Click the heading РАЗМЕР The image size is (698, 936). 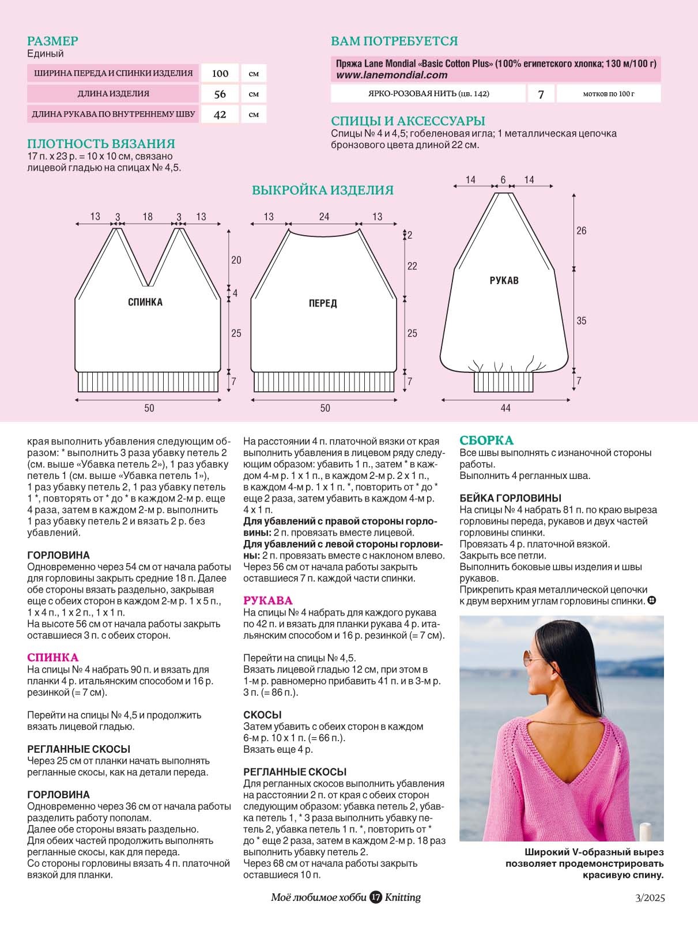(x=52, y=41)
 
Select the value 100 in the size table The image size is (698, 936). (x=220, y=73)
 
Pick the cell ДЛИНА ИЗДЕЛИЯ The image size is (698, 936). (x=113, y=93)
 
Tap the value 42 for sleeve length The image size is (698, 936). (x=220, y=114)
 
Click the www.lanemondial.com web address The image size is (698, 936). (x=391, y=75)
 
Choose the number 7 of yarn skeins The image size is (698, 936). (x=541, y=94)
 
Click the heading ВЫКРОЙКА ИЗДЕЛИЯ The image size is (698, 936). (x=322, y=190)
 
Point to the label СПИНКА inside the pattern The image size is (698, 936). (x=145, y=302)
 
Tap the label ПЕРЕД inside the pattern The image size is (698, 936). (x=322, y=303)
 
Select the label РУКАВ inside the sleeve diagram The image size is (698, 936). (x=504, y=281)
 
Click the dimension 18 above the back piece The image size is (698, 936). (x=148, y=217)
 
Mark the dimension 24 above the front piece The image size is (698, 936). (x=324, y=217)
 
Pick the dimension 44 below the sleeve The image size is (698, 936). (x=505, y=408)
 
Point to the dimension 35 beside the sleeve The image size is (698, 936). (x=581, y=320)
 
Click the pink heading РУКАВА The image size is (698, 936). (x=267, y=601)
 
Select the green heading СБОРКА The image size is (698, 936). (x=486, y=440)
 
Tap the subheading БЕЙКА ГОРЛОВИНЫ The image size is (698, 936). (x=510, y=498)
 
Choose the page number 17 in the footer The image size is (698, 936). (x=376, y=897)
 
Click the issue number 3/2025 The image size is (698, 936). (x=650, y=898)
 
